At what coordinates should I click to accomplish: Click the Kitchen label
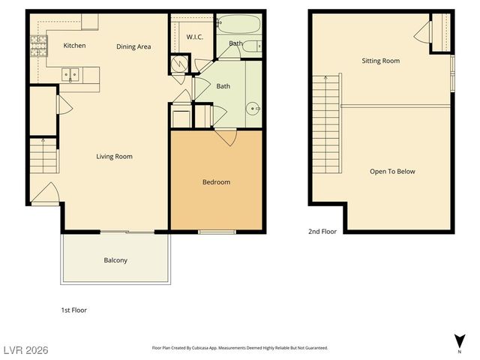point(74,46)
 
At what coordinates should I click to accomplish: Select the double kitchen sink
point(70,74)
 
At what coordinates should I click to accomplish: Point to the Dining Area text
point(133,46)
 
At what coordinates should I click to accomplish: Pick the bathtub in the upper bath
point(238,24)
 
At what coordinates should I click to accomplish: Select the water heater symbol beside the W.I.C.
point(178,64)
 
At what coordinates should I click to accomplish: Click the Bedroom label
point(216,182)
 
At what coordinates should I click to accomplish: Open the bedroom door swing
point(226,137)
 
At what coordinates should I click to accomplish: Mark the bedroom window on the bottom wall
point(216,232)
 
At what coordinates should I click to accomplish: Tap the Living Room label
point(114,157)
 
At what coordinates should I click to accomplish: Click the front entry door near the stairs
point(44,193)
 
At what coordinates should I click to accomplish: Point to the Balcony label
point(115,261)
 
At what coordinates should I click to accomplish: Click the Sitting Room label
point(380,61)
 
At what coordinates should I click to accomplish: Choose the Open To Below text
point(392,172)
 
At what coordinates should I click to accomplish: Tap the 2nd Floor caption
point(322,232)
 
